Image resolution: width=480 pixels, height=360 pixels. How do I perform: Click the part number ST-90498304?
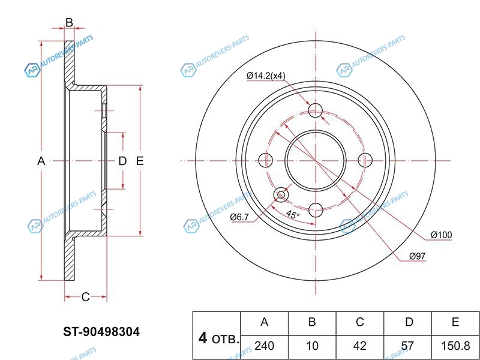tap(101, 332)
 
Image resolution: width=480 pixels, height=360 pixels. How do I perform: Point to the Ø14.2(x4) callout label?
tap(266, 76)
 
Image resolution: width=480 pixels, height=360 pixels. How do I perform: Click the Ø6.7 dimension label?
tap(239, 217)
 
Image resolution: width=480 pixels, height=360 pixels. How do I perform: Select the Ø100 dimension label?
tap(441, 235)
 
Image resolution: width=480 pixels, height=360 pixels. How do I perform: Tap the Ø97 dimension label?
tap(417, 256)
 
